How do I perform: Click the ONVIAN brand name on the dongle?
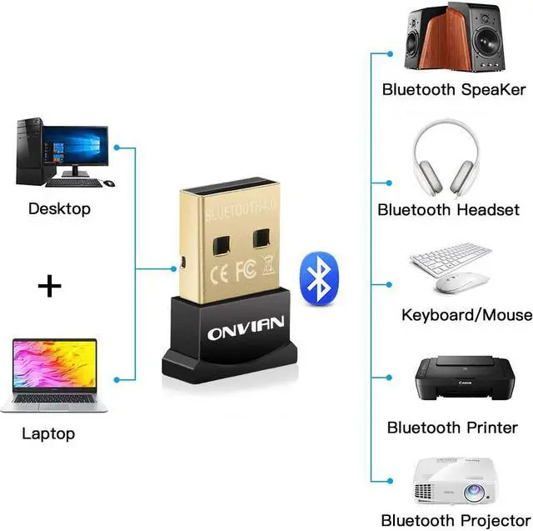(x=246, y=328)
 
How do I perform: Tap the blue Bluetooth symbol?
(x=319, y=278)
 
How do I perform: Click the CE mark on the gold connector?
(x=219, y=275)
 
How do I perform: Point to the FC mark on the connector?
(x=246, y=270)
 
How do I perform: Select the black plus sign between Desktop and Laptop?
(x=50, y=286)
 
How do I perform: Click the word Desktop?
(x=59, y=209)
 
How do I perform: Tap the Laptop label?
(x=48, y=434)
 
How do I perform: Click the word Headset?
(x=488, y=209)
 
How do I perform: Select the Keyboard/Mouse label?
(x=466, y=315)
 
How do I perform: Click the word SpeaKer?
(x=493, y=89)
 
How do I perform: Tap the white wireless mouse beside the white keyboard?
(x=461, y=283)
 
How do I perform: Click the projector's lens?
(x=474, y=491)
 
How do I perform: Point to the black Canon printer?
(x=465, y=378)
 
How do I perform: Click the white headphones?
(x=446, y=158)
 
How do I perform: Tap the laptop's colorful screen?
(x=55, y=363)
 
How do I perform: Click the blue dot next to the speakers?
(x=390, y=53)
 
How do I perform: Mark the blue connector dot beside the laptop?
(x=117, y=379)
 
